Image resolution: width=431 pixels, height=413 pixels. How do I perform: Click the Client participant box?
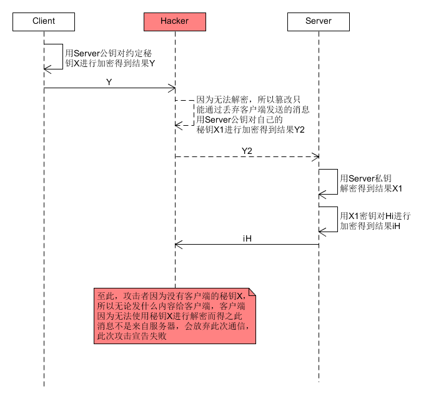pyautogui.click(x=44, y=21)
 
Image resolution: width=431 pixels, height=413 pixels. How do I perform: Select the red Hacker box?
pyautogui.click(x=175, y=21)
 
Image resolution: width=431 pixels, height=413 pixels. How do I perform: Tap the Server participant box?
pyautogui.click(x=319, y=21)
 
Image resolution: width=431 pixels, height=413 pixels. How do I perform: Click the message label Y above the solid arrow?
pyautogui.click(x=109, y=81)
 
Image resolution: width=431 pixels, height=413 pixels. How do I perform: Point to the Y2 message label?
pyautogui.click(x=247, y=150)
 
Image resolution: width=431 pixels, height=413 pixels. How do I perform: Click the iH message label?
pyautogui.click(x=247, y=238)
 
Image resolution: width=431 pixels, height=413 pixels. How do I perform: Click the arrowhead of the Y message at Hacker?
pyautogui.click(x=172, y=88)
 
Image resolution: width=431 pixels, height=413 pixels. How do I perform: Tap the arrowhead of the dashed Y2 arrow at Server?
pyautogui.click(x=315, y=156)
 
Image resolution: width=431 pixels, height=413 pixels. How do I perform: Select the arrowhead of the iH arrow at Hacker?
pyautogui.click(x=178, y=244)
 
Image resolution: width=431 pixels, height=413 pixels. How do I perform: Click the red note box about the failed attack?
pyautogui.click(x=175, y=316)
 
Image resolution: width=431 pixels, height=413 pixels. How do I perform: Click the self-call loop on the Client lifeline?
pyautogui.click(x=62, y=56)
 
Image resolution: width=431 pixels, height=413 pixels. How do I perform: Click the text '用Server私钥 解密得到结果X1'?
pyautogui.click(x=370, y=183)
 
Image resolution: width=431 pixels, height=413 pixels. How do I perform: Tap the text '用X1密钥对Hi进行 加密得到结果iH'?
pyautogui.click(x=375, y=221)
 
